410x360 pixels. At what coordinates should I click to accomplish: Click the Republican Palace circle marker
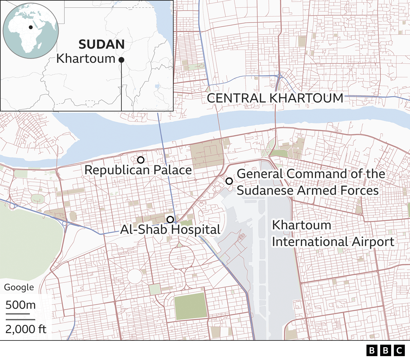[x=141, y=160]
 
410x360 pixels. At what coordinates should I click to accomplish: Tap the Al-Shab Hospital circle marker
[x=170, y=219]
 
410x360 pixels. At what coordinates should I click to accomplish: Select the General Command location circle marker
[x=229, y=181]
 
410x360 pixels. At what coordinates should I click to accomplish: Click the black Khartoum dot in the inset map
[x=121, y=60]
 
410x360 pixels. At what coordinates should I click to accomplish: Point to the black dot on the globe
[x=31, y=27]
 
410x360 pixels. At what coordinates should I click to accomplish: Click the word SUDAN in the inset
[x=102, y=45]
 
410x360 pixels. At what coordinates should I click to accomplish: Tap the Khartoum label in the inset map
[x=86, y=59]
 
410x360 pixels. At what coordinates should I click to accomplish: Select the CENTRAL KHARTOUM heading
[x=275, y=98]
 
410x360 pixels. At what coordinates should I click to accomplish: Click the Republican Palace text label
[x=138, y=170]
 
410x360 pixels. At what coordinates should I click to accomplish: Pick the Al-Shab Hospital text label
[x=170, y=230]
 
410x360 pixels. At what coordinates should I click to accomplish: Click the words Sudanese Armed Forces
[x=307, y=191]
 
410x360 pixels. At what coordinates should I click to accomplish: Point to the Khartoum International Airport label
[x=333, y=233]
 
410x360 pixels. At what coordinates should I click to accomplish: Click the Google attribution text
[x=19, y=287]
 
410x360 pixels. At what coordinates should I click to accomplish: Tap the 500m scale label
[x=20, y=305]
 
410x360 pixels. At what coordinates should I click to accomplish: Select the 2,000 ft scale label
[x=26, y=329]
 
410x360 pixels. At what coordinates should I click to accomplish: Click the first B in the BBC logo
[x=372, y=350]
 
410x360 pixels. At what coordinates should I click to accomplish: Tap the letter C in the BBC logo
[x=399, y=350]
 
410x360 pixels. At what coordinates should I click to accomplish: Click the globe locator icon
[x=31, y=31]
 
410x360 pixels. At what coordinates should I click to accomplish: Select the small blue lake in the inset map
[x=157, y=86]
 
